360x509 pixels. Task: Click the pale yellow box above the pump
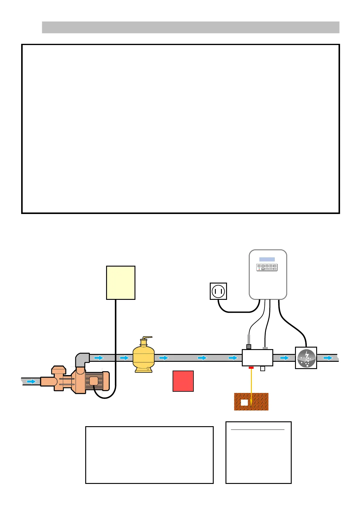(x=121, y=283)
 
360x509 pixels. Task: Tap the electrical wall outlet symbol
(x=218, y=291)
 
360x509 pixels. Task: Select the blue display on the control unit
(x=267, y=259)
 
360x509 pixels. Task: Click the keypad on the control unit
(x=267, y=267)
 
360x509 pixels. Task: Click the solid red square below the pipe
(x=183, y=381)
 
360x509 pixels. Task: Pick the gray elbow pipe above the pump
(x=82, y=359)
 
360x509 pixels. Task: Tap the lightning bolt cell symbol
(x=306, y=358)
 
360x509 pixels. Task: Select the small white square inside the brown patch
(x=244, y=402)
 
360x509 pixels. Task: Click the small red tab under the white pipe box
(x=251, y=367)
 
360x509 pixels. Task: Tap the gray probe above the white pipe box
(x=249, y=339)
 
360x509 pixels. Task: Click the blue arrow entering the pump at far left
(x=31, y=381)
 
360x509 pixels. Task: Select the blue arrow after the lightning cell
(x=328, y=358)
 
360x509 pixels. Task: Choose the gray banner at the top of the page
(x=190, y=27)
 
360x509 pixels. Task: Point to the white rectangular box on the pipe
(x=257, y=358)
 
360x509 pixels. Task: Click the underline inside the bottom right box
(x=258, y=429)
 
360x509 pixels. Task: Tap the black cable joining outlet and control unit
(x=239, y=311)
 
